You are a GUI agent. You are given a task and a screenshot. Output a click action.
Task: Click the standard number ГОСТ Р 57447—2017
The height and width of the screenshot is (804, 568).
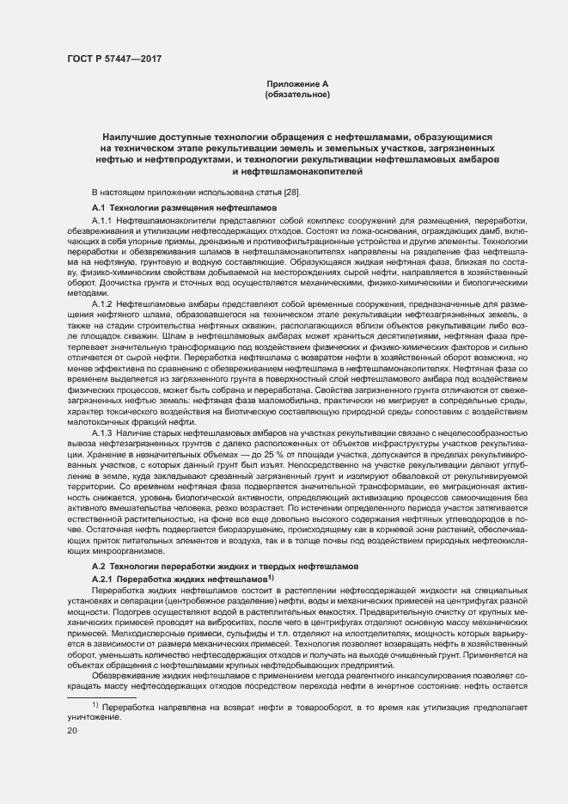click(x=114, y=59)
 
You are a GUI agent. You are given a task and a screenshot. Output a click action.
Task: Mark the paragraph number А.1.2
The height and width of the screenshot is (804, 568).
click(x=102, y=304)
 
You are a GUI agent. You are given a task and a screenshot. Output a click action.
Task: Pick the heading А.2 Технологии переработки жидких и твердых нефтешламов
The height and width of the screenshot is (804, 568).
click(x=223, y=568)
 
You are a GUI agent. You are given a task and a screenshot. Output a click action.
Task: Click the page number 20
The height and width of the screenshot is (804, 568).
click(x=71, y=731)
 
